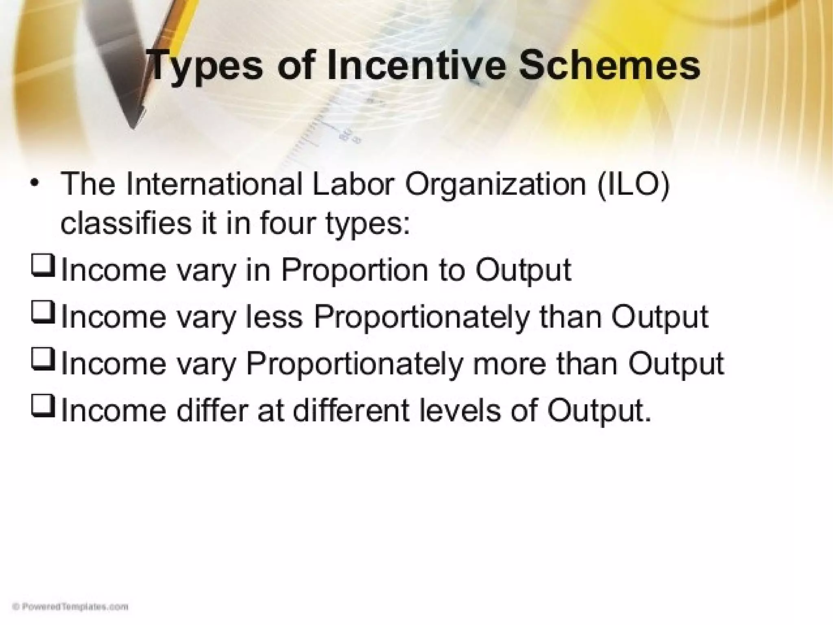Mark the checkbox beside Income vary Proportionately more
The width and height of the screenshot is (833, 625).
pyautogui.click(x=42, y=359)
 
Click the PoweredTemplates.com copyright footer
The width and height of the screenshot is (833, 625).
pyautogui.click(x=70, y=607)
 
